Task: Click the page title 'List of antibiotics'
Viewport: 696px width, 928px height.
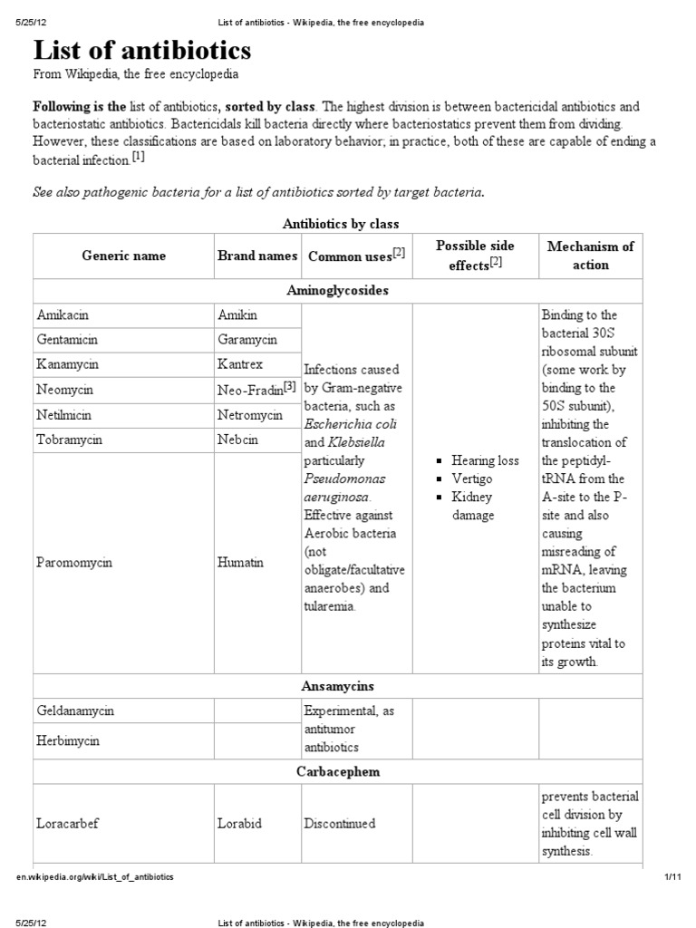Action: (142, 49)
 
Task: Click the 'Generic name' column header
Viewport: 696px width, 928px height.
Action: (123, 256)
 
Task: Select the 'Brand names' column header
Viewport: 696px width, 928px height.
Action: (257, 256)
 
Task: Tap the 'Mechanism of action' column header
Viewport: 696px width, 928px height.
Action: (590, 256)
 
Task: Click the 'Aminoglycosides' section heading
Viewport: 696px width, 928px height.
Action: (337, 291)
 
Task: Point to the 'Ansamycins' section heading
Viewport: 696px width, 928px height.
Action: (337, 686)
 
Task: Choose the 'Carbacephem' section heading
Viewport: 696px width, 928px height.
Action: (337, 772)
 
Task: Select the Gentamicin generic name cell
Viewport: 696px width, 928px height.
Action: (67, 340)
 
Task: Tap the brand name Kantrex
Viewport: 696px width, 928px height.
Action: (240, 364)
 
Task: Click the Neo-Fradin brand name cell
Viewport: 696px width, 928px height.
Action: (257, 389)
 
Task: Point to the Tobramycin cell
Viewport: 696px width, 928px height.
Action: (69, 440)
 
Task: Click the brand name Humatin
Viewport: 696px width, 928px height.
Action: (240, 562)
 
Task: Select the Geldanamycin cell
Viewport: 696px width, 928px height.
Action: (75, 711)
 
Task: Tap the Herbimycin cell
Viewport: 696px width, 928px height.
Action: (69, 740)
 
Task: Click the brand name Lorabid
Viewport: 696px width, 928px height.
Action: (240, 824)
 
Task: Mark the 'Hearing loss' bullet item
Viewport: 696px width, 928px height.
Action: (485, 460)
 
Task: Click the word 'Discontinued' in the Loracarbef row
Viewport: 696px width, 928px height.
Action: (340, 824)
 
